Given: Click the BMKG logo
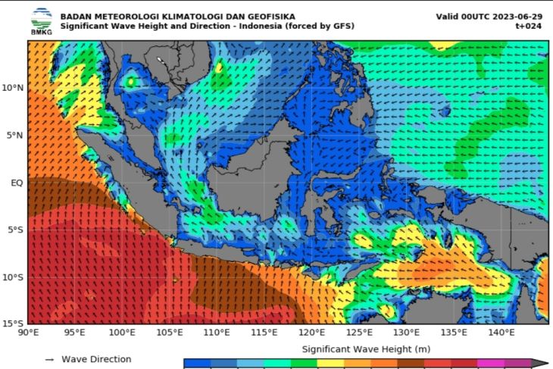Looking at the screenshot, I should point(42,20).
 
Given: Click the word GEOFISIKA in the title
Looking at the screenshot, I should point(261,16).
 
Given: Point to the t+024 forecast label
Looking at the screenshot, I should point(529,26).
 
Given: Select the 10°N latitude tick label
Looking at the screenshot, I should point(13,88).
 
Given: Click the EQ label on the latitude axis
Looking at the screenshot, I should point(17,183).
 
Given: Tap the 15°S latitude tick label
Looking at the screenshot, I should point(14,324).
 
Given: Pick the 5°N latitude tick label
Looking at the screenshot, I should point(15,135).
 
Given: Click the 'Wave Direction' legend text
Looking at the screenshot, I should point(96,359).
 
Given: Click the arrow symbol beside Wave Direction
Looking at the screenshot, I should point(49,360).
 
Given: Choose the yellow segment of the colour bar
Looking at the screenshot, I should point(326,364).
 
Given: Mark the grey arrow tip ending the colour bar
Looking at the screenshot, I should point(541,364).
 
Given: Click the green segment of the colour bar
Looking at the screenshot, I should point(299,364).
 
